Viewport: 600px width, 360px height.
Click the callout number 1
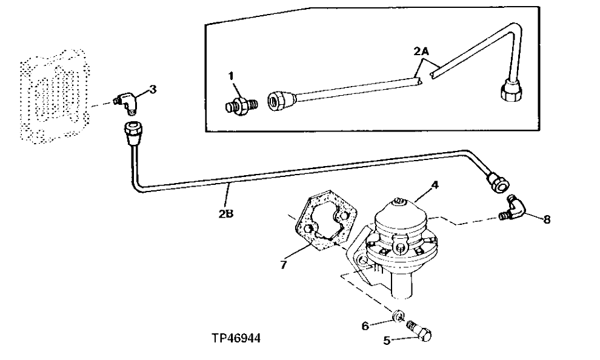[x=231, y=76]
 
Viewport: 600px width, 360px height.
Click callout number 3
[x=153, y=90]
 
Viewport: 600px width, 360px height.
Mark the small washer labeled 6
[x=398, y=315]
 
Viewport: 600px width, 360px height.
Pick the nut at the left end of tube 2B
[x=133, y=131]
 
